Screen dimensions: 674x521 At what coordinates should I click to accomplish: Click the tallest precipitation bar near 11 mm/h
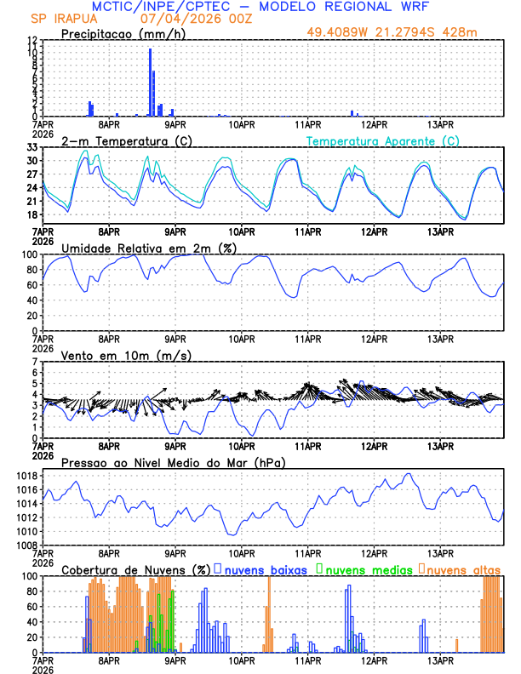pyautogui.click(x=151, y=82)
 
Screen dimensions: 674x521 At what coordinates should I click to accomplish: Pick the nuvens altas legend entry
pyautogui.click(x=461, y=568)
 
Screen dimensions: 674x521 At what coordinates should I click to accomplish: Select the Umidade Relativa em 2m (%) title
pyautogui.click(x=148, y=248)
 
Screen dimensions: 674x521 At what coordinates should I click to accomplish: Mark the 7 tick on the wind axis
pyautogui.click(x=35, y=362)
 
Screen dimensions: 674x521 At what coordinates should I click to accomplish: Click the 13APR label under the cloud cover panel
pyautogui.click(x=439, y=660)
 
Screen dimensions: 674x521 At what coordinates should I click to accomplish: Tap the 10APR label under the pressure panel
pyautogui.click(x=242, y=552)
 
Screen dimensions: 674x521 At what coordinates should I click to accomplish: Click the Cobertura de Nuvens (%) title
pyautogui.click(x=136, y=568)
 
